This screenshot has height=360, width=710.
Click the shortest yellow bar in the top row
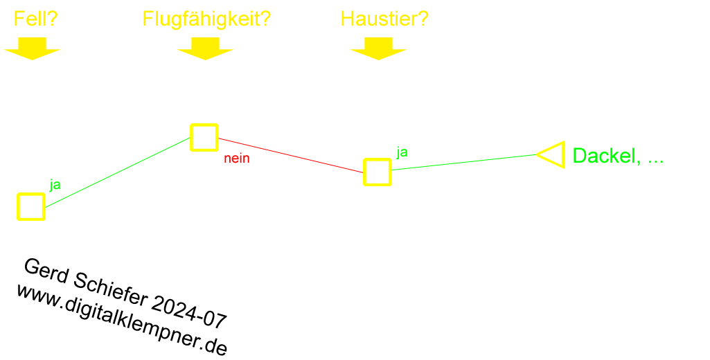(36, 19)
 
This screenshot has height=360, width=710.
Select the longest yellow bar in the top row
(206, 21)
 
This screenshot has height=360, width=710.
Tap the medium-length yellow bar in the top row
(384, 19)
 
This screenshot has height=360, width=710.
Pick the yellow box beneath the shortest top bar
(32, 49)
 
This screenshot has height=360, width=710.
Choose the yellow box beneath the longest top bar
(205, 49)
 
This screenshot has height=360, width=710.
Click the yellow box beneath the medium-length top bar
(378, 49)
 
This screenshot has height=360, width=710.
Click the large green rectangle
(122, 172)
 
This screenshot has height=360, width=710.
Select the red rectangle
(288, 155)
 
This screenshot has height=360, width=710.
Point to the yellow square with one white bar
(31, 207)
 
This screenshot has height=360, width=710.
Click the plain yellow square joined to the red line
(378, 172)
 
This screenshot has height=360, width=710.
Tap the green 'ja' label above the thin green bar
(402, 151)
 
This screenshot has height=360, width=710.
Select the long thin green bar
(465, 163)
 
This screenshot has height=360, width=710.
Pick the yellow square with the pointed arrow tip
(553, 154)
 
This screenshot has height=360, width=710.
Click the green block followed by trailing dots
(614, 156)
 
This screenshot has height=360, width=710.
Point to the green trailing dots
(659, 162)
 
